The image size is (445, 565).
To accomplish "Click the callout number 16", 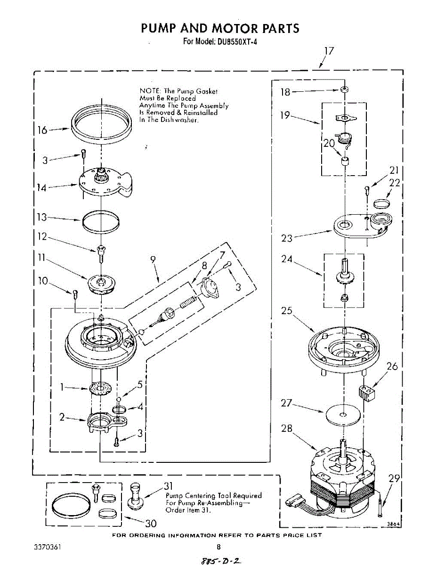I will pyautogui.click(x=42, y=130).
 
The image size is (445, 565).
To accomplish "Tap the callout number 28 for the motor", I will pyautogui.click(x=286, y=428).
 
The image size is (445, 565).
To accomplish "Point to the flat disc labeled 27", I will pyautogui.click(x=343, y=415).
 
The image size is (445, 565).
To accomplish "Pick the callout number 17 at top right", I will pyautogui.click(x=329, y=51).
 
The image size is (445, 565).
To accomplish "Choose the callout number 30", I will pyautogui.click(x=150, y=523).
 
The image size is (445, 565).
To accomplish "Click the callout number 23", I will pyautogui.click(x=287, y=238).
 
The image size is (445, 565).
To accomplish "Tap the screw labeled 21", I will pyautogui.click(x=368, y=190).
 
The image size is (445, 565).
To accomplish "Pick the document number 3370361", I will pyautogui.click(x=47, y=548).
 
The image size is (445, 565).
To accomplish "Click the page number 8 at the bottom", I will pyautogui.click(x=218, y=547).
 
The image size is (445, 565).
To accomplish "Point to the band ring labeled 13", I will pyautogui.click(x=101, y=219).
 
